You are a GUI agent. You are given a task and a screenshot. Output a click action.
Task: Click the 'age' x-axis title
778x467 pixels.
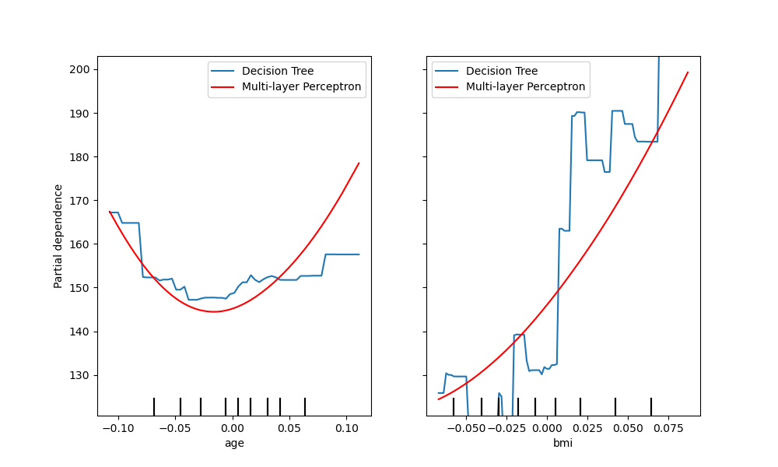(x=233, y=443)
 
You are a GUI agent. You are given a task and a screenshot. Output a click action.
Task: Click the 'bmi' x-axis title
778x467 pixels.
(x=563, y=443)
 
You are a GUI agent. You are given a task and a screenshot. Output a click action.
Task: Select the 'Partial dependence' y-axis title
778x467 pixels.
(x=59, y=236)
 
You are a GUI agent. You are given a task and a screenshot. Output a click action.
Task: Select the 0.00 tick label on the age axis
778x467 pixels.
(x=232, y=428)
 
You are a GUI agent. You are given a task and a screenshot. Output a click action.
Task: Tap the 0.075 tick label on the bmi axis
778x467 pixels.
(x=669, y=428)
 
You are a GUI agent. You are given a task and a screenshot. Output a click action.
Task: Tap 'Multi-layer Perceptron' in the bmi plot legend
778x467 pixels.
(x=525, y=87)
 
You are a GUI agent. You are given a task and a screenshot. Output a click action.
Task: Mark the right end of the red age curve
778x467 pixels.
(x=359, y=163)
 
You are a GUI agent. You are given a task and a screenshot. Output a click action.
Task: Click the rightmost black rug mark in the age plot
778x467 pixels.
(x=305, y=407)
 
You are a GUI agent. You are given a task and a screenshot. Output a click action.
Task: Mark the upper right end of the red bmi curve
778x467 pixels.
(x=688, y=72)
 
